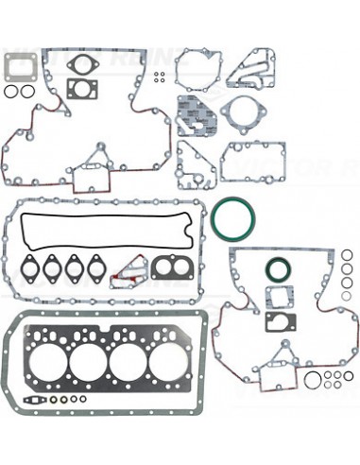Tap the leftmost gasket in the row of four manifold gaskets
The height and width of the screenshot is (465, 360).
coord(32,267)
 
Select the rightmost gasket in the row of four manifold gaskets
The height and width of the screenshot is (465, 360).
coord(94,267)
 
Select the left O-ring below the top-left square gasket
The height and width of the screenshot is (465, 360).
coord(11,93)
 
